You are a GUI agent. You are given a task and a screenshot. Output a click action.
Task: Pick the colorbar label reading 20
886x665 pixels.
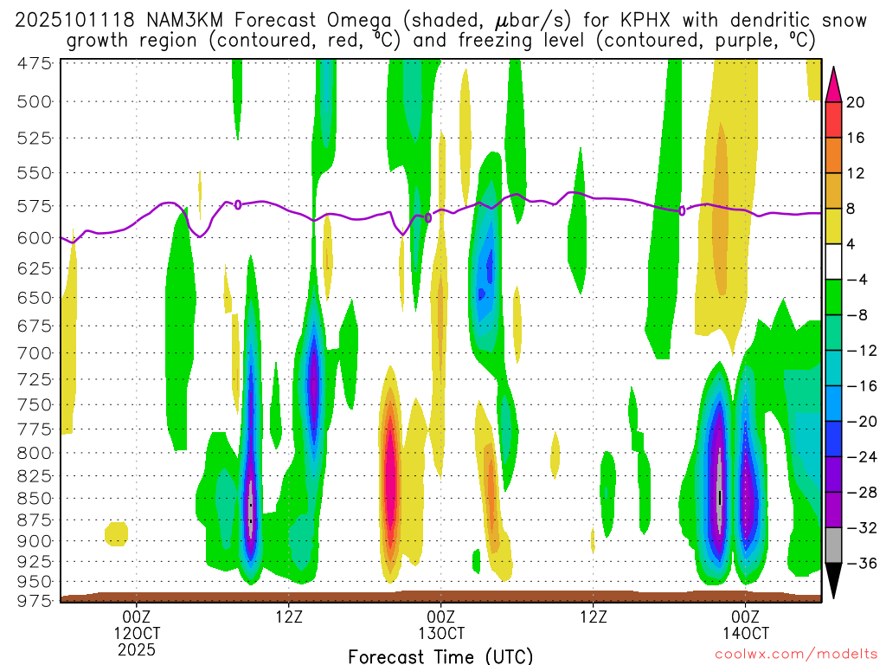coord(856,102)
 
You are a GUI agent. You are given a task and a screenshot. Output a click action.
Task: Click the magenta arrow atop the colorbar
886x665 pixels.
coord(833,81)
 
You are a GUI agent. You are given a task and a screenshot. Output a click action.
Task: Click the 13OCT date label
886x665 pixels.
coord(441,633)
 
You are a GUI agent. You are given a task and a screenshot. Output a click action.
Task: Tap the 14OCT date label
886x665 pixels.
coord(746,633)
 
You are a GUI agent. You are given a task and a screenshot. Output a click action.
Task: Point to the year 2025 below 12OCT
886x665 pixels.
coord(137,649)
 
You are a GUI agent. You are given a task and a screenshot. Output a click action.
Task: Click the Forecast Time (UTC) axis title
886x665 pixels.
coord(440,655)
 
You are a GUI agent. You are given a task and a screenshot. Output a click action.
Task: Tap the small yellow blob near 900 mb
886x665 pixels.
coord(116,533)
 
